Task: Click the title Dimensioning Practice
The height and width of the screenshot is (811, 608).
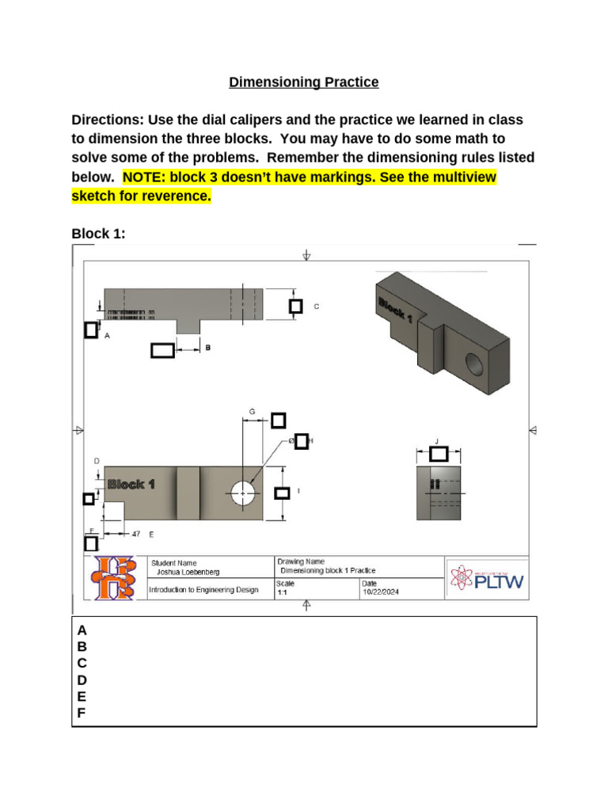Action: (x=304, y=82)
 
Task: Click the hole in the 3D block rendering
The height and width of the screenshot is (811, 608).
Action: (x=476, y=364)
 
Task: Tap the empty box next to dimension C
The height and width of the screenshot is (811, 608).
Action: (x=295, y=307)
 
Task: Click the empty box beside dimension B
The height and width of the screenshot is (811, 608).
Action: (x=162, y=350)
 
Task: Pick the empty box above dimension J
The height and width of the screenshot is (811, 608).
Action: (x=439, y=454)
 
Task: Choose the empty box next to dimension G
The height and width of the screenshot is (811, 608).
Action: (x=279, y=420)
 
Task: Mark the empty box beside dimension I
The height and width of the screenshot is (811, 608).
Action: (x=282, y=493)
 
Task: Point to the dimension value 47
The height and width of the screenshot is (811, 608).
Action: (x=135, y=535)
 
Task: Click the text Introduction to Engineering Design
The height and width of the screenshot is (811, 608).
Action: (x=203, y=590)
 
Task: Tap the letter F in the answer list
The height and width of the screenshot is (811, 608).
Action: (x=81, y=714)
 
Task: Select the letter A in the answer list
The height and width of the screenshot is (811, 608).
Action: (x=81, y=630)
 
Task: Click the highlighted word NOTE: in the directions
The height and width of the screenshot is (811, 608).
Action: (x=143, y=177)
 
